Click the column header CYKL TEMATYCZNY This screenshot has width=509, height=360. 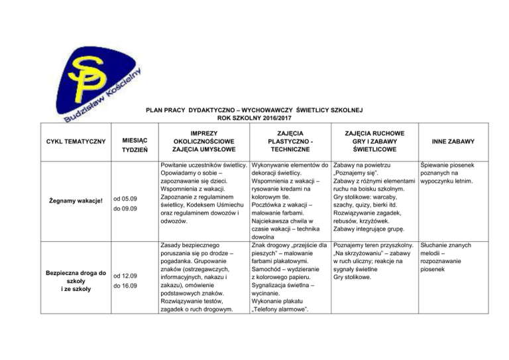76,142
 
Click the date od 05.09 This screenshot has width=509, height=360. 125,197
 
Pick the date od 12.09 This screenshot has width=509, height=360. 125,275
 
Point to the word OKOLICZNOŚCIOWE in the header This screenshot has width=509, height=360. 202,142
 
